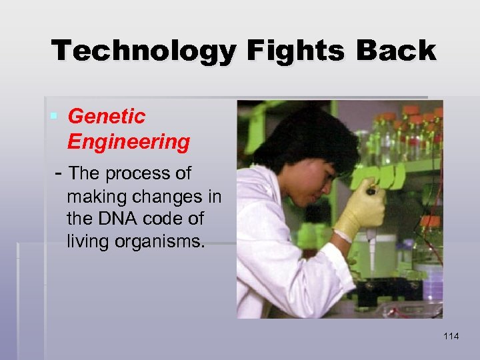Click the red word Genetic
106,117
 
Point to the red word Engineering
128,141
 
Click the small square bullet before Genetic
54,117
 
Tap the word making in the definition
95,197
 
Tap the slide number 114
451,337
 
